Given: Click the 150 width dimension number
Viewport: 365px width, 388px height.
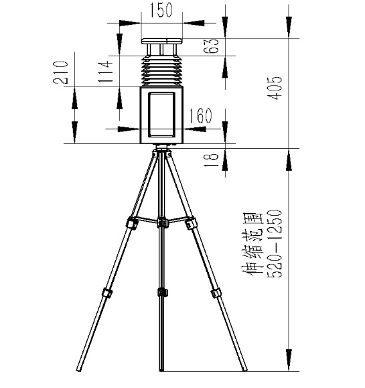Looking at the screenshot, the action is click(x=161, y=10).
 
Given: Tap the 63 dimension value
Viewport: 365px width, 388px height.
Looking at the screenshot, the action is click(x=212, y=46).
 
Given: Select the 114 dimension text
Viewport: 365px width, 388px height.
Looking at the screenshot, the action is click(x=106, y=72).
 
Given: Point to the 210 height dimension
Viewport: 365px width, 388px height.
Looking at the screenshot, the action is click(x=60, y=72).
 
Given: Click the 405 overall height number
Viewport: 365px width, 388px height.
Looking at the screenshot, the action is click(x=275, y=88).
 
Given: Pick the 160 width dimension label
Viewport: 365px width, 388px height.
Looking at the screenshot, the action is click(x=200, y=116).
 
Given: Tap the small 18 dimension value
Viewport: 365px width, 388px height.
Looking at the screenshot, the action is click(x=212, y=160).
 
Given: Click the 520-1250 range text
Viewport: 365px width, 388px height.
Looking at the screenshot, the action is click(x=275, y=243).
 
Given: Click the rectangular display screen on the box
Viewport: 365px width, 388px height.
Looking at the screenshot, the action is click(x=161, y=115).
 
